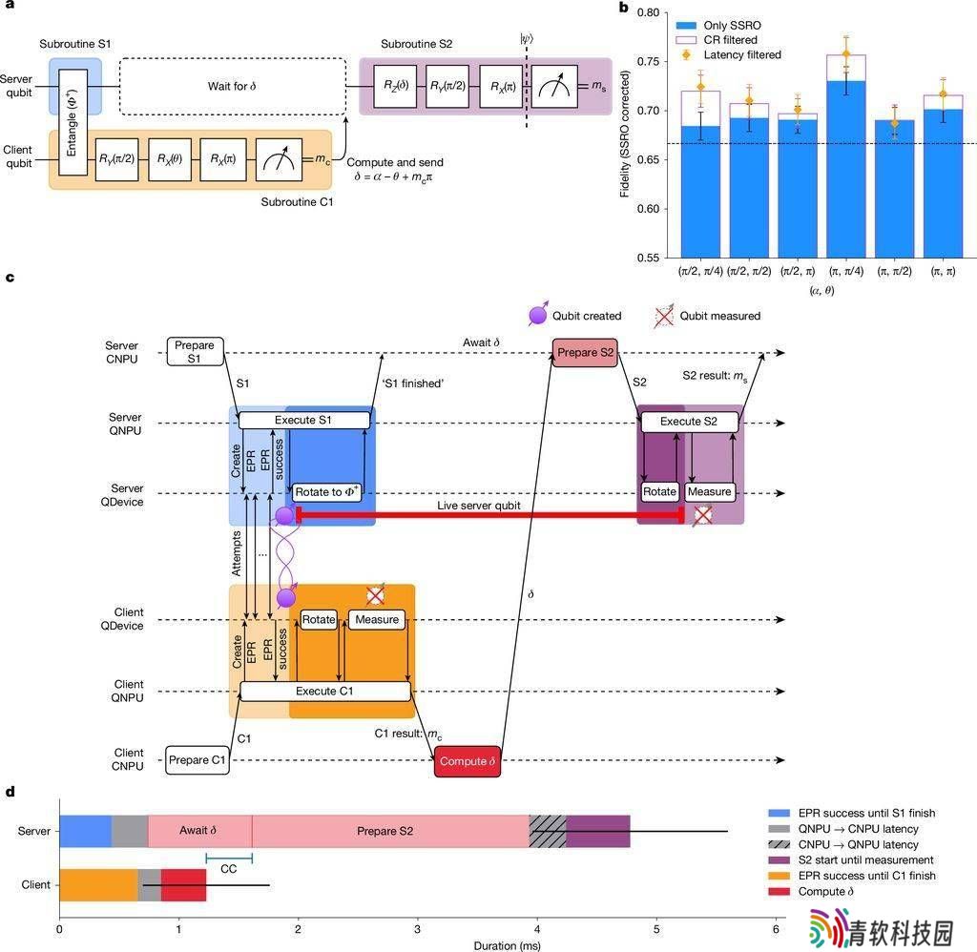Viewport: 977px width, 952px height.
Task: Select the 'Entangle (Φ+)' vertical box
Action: [73, 122]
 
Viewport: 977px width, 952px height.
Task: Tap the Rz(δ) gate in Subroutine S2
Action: [395, 86]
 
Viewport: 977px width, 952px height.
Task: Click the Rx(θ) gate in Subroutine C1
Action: [170, 159]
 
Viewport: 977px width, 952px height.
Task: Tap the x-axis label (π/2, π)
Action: [798, 271]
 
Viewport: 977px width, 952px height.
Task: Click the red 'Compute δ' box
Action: [468, 761]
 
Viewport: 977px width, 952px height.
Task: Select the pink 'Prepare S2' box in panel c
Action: [585, 353]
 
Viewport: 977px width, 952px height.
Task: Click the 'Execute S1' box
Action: [304, 421]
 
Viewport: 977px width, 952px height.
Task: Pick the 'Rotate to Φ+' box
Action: [327, 492]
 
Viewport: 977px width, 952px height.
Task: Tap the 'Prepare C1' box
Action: [197, 760]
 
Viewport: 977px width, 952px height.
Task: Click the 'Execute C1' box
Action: [325, 692]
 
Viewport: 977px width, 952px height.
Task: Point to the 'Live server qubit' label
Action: [479, 506]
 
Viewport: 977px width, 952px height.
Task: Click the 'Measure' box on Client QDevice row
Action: [377, 620]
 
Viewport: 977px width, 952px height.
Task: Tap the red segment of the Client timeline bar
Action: [183, 884]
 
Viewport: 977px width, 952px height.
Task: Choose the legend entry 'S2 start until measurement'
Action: [850, 859]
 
